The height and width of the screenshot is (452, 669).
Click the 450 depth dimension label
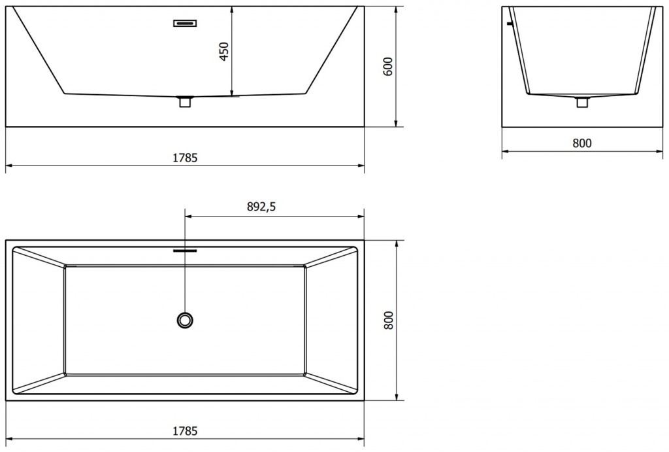click(x=224, y=52)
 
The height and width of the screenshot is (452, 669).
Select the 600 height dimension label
click(x=387, y=67)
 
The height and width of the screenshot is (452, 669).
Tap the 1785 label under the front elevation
click(x=185, y=158)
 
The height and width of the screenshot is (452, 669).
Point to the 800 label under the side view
click(x=581, y=143)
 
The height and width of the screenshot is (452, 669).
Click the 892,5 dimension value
click(x=261, y=207)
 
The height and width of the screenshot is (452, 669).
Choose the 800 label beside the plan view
click(x=388, y=319)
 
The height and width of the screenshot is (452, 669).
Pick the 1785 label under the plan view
click(x=185, y=430)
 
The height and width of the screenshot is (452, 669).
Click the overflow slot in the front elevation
click(x=185, y=24)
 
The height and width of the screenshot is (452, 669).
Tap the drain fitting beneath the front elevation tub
click(x=185, y=101)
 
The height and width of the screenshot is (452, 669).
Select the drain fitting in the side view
click(x=582, y=101)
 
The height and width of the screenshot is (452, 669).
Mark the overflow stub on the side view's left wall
click(x=508, y=24)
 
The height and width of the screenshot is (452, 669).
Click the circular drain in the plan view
click(x=185, y=320)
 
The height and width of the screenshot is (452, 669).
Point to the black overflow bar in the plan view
click(x=185, y=249)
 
